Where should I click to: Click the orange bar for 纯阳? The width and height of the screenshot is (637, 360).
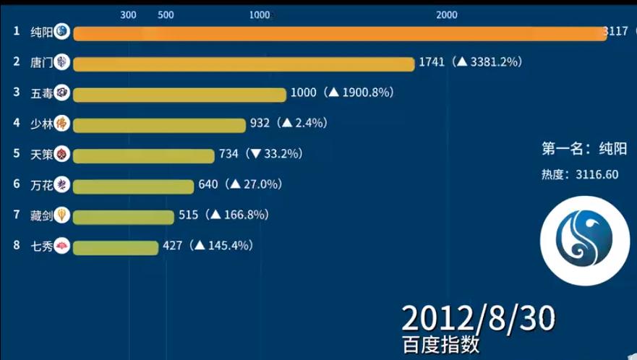tap(340, 34)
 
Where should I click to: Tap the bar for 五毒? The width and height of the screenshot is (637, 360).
tap(180, 94)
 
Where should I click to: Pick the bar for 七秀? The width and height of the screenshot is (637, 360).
tap(116, 247)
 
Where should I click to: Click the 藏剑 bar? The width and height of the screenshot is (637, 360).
tap(124, 216)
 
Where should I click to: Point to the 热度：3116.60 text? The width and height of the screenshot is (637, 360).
tap(580, 174)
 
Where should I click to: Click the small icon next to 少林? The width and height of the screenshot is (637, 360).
tap(62, 124)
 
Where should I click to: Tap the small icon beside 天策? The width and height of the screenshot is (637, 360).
tap(62, 154)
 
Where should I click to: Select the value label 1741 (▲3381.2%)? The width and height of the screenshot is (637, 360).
tap(470, 63)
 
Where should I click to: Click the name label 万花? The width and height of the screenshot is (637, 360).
tap(41, 185)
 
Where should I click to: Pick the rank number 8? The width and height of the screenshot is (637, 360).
tap(16, 245)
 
